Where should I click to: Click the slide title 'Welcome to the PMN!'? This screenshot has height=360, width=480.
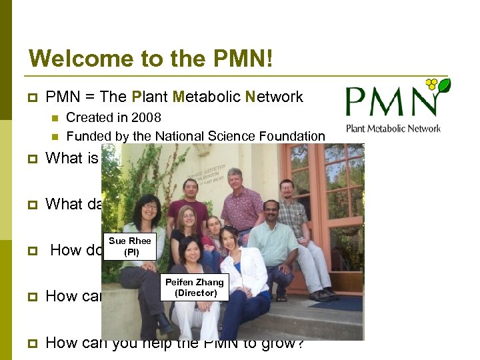tap(151, 58)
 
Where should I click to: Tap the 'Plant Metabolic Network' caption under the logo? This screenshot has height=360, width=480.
tap(393, 128)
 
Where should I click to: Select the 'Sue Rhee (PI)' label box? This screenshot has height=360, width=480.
tap(130, 246)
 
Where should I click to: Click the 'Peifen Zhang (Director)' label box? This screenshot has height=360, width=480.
tap(195, 287)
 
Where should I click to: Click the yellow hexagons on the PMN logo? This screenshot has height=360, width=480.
tap(431, 85)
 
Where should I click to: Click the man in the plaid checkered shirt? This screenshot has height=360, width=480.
tap(291, 213)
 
